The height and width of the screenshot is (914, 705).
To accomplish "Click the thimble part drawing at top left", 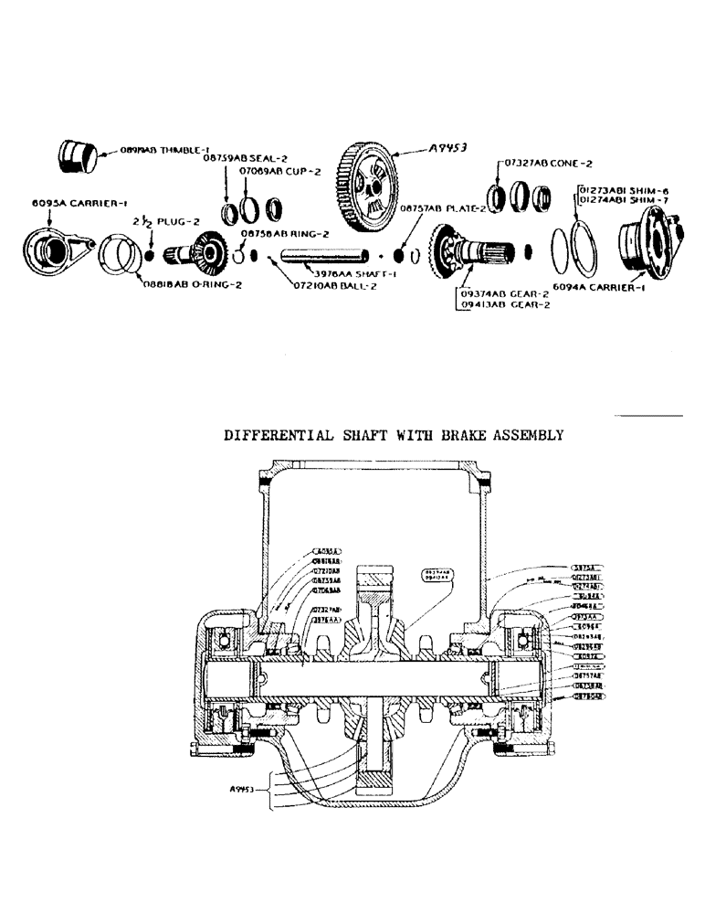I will [78, 155].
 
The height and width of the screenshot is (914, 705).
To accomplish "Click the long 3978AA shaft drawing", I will [325, 256].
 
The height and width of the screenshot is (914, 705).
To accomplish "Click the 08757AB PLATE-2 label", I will [435, 208].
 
